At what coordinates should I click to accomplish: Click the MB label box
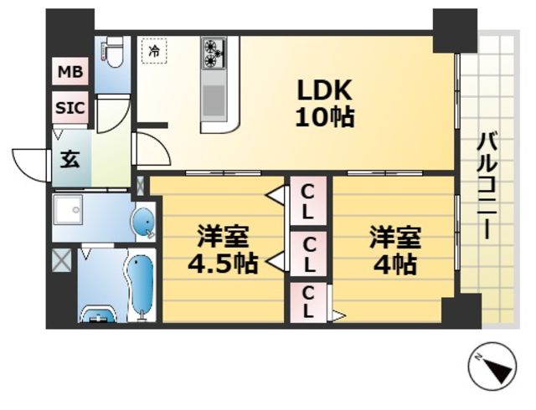(70, 72)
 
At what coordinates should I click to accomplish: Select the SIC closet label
(70, 107)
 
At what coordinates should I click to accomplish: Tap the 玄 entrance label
(70, 159)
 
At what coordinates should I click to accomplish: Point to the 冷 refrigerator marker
(154, 52)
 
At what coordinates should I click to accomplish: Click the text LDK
(323, 89)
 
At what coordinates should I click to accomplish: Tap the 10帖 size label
(323, 117)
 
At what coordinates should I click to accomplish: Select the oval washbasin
(143, 223)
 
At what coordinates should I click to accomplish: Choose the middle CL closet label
(308, 254)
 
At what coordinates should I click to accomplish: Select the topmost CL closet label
(308, 201)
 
